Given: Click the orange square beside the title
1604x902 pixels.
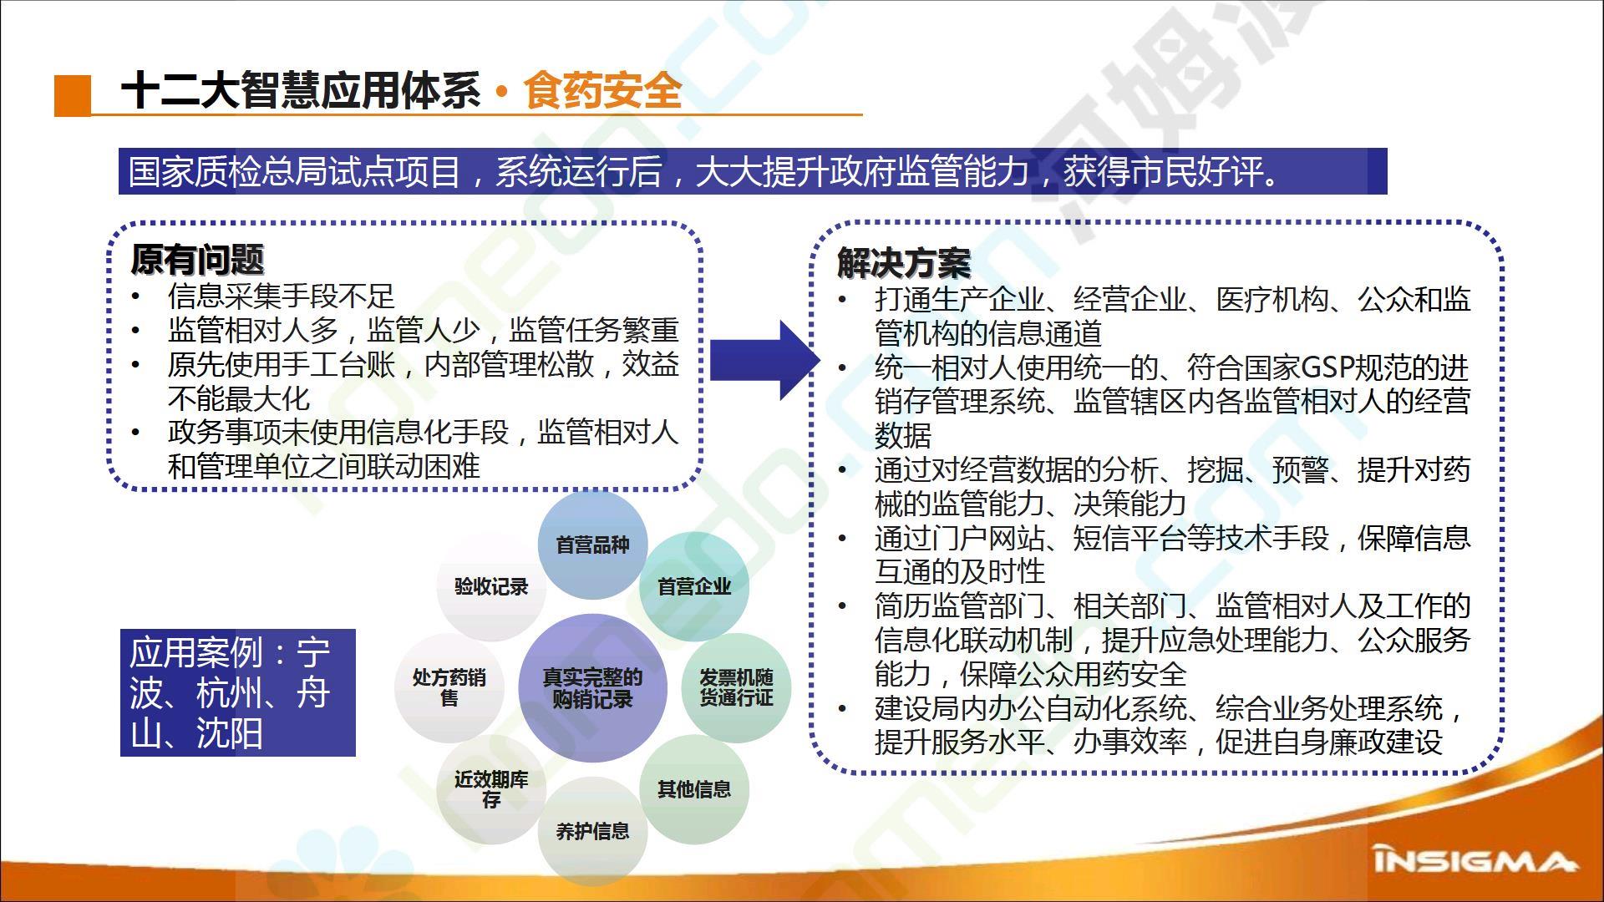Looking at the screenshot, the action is [73, 95].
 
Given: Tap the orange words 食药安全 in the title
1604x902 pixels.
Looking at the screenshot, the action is [602, 90].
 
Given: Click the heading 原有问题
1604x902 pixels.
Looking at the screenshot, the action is [197, 260].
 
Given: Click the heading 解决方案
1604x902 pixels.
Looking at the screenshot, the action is [904, 263].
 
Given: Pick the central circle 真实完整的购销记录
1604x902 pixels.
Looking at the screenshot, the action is [592, 688].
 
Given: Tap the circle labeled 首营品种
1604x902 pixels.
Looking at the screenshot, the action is [592, 545].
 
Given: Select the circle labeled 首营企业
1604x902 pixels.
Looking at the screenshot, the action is [693, 587].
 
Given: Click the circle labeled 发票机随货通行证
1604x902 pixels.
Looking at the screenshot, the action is [736, 687].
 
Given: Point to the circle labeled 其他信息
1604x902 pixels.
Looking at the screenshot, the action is [693, 789].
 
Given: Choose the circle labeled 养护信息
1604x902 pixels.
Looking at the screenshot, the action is [592, 831].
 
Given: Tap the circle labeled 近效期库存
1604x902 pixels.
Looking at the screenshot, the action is [491, 789].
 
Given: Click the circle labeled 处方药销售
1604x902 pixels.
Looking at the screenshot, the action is [449, 687].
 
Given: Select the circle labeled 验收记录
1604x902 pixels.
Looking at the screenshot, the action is [491, 587].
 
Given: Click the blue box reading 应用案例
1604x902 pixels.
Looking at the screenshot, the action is [238, 692].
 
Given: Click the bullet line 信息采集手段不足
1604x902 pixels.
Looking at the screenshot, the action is [281, 296].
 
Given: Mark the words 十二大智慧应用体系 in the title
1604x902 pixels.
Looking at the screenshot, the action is [301, 90].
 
